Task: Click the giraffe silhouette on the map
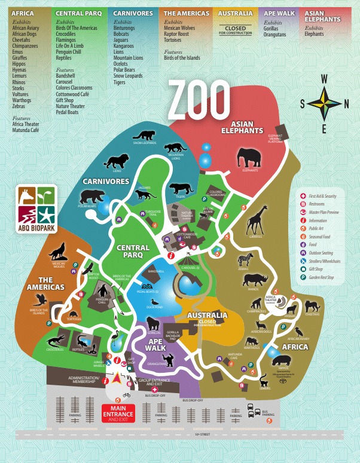point(257,220)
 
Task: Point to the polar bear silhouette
point(92,196)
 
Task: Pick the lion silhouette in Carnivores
point(117,160)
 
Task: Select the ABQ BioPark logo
point(36,203)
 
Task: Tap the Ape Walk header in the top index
point(278,13)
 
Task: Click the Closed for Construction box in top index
point(236,29)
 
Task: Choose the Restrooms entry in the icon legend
point(320,204)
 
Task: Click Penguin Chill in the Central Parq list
point(69,52)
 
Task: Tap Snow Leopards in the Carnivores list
point(128,76)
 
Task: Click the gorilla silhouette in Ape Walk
point(154,325)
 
